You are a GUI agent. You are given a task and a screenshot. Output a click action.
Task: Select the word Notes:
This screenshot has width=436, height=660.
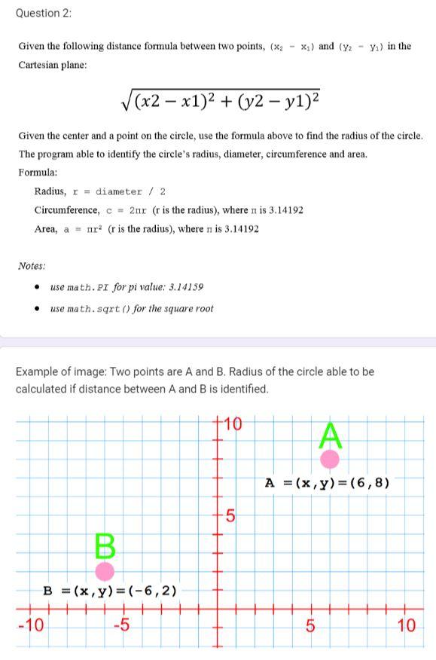point(32,266)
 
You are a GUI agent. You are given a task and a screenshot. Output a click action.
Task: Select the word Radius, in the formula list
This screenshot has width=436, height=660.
point(50,191)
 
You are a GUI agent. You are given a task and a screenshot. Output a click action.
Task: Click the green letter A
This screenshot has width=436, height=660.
point(331,435)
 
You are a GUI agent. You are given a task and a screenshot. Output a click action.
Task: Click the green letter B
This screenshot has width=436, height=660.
point(105,544)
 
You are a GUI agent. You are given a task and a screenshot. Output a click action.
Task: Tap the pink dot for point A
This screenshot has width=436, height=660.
point(330,458)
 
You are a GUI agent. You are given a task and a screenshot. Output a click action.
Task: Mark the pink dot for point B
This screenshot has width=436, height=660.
point(105,571)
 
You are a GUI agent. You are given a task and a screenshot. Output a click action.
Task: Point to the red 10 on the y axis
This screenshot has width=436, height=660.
point(233,424)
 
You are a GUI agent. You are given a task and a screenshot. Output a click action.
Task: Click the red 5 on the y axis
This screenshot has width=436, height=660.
point(231,517)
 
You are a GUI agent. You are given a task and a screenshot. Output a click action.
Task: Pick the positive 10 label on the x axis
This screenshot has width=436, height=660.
point(406,625)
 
